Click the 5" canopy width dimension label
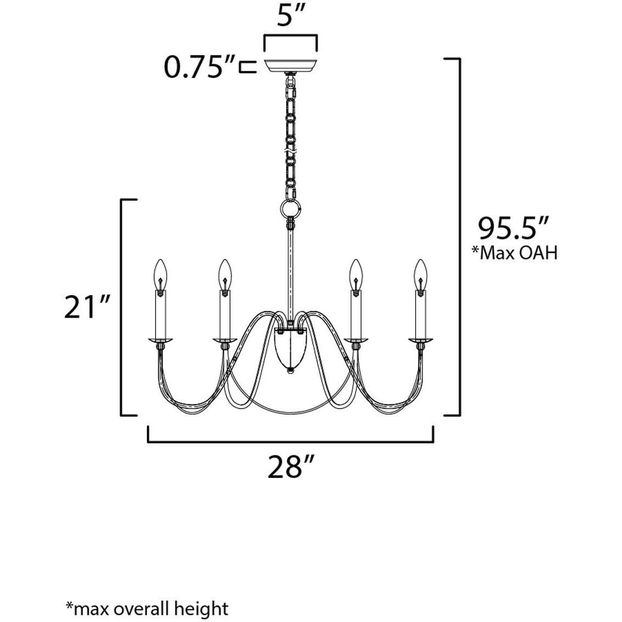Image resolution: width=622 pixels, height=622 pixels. point(290,16)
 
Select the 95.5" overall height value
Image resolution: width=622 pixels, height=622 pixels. point(512,229)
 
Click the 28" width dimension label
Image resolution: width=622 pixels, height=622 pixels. point(291,466)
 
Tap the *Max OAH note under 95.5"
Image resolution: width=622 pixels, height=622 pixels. point(514,252)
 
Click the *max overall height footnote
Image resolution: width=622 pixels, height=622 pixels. point(148,608)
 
